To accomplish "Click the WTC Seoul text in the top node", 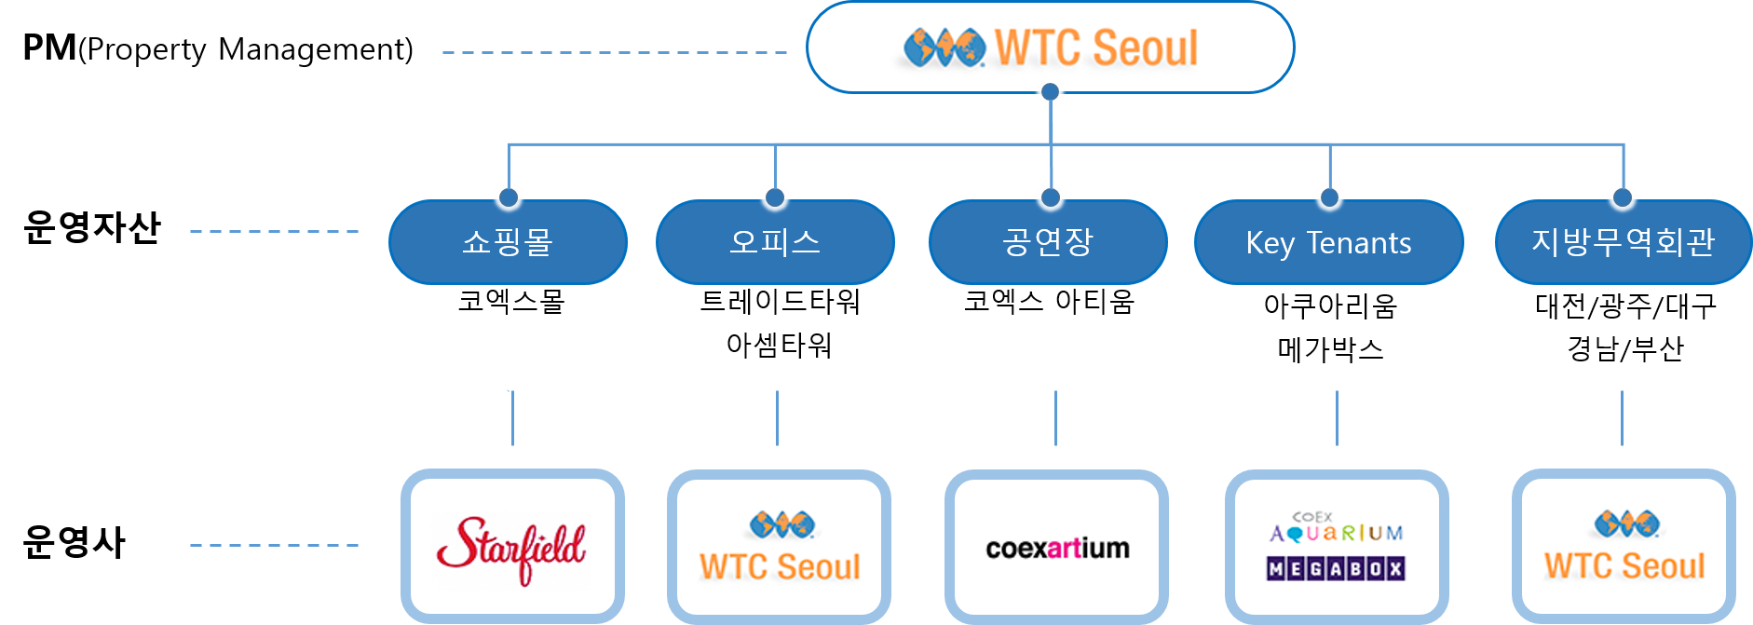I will click(1096, 48).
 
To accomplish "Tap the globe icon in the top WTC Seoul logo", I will click(944, 47).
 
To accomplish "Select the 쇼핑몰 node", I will click(508, 242).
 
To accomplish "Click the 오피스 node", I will click(775, 242).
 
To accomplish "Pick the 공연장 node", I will click(1048, 242).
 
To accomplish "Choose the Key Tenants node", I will click(1328, 243).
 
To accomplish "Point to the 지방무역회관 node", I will click(1623, 242).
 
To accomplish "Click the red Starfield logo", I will click(510, 550).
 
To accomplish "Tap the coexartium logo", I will click(1056, 550).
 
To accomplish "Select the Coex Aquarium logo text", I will click(1335, 528).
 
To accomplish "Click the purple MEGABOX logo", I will click(1335, 568).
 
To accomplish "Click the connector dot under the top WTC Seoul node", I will click(1050, 92).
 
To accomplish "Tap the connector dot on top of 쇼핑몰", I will click(509, 197).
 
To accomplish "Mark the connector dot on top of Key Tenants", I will click(1329, 197).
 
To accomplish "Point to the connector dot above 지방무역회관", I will click(1622, 197).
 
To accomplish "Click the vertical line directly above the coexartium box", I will click(1055, 418).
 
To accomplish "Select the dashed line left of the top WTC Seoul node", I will click(615, 52).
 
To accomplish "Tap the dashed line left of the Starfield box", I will click(274, 545).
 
